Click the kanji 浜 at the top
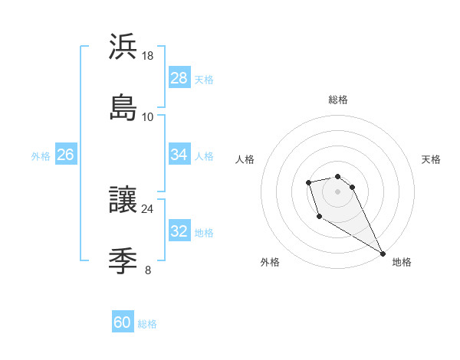(123, 47)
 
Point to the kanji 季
(123, 260)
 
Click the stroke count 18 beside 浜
(148, 56)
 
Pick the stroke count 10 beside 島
(148, 116)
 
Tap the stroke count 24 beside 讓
(148, 208)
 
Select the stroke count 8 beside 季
(148, 270)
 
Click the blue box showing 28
(179, 78)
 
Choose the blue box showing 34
(179, 155)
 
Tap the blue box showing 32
(179, 231)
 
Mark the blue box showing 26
(65, 155)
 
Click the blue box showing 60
(123, 322)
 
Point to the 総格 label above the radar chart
(338, 100)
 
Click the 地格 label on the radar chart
(402, 262)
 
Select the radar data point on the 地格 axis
(383, 254)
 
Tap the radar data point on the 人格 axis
(308, 182)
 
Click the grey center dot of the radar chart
(337, 191)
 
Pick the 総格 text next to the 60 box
(147, 324)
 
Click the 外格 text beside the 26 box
(41, 155)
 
